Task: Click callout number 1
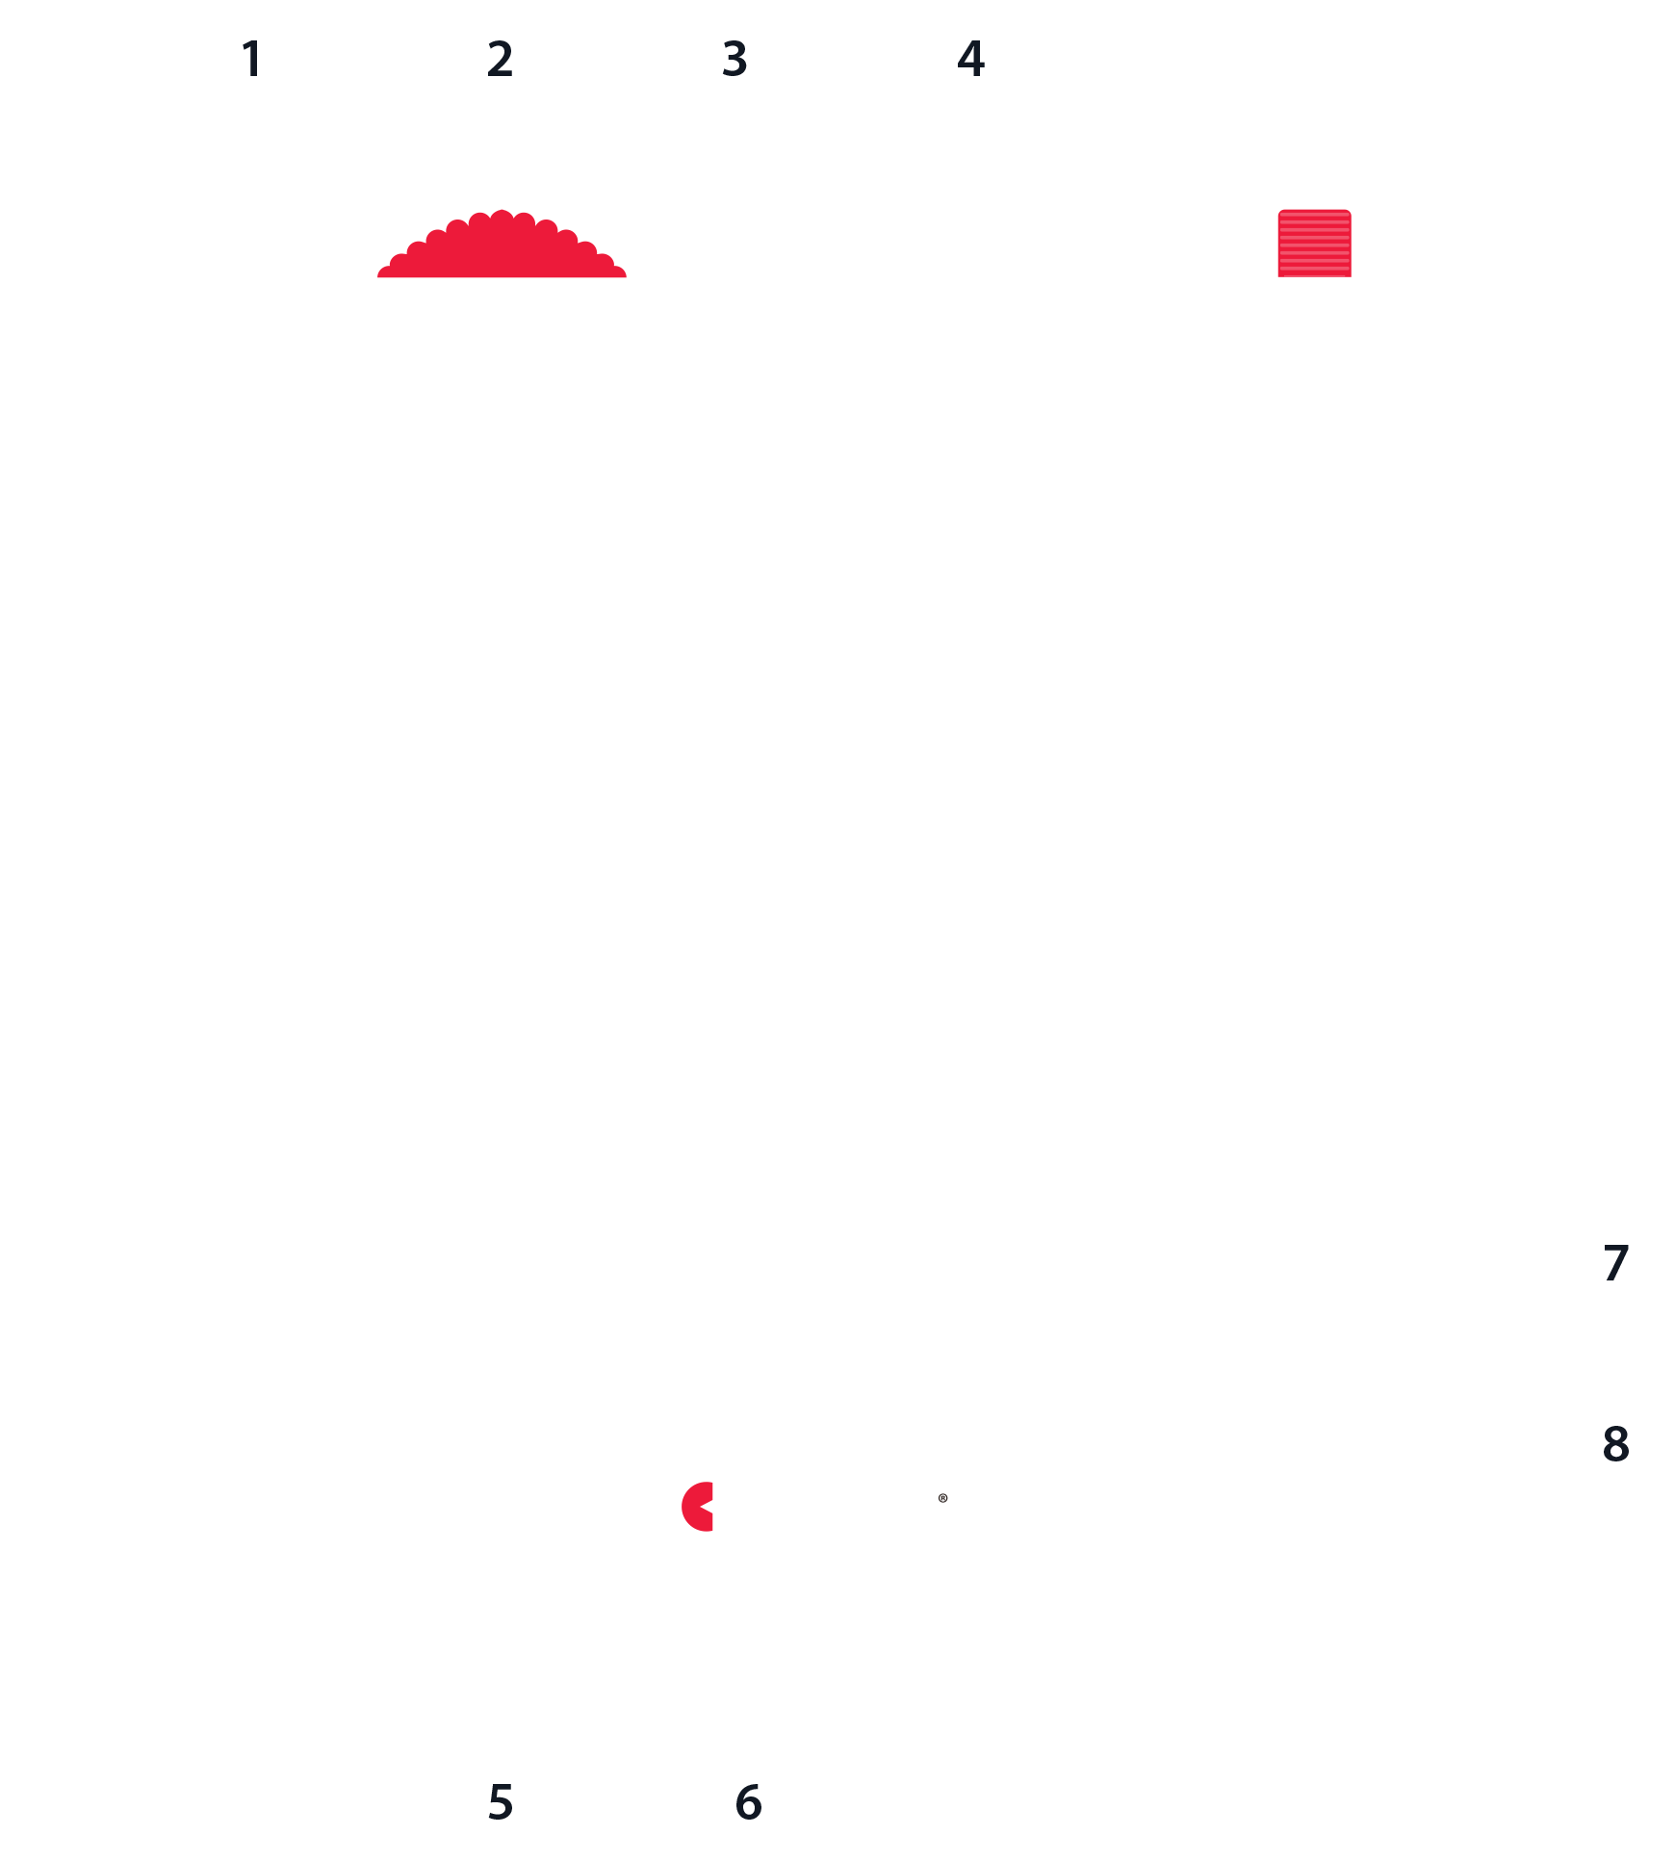pyautogui.click(x=252, y=59)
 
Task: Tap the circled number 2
pyautogui.click(x=500, y=59)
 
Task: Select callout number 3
pyautogui.click(x=735, y=59)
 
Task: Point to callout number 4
pyautogui.click(x=970, y=59)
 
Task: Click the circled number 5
pyautogui.click(x=500, y=1801)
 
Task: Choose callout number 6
pyautogui.click(x=748, y=1801)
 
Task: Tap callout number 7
pyautogui.click(x=1615, y=1263)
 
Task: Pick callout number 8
pyautogui.click(x=1615, y=1443)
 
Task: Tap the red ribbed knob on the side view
pyautogui.click(x=1314, y=244)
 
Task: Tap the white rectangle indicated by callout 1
pyautogui.click(x=364, y=455)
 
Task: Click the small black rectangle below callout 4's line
pyautogui.click(x=967, y=589)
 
